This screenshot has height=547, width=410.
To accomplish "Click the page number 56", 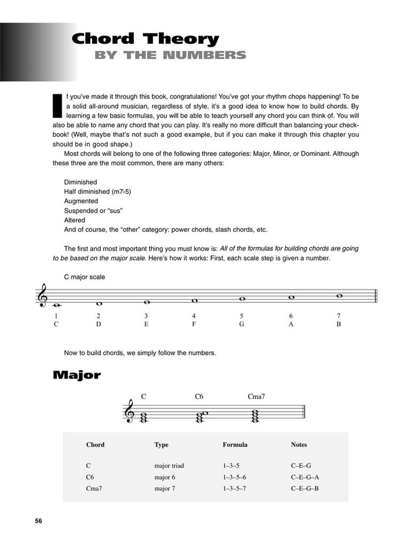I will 38,521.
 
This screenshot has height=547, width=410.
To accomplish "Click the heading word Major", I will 77,375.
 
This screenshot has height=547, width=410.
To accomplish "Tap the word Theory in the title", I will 182,39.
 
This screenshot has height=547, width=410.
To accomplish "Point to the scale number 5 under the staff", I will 242,316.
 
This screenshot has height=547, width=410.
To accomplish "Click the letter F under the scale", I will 194,324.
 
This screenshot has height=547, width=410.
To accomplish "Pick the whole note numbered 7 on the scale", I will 338,295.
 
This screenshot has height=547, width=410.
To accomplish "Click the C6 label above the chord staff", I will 199,396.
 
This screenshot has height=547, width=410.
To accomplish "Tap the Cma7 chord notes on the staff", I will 256,415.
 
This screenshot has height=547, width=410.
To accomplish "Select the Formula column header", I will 235,444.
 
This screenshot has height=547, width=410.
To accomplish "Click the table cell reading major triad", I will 169,466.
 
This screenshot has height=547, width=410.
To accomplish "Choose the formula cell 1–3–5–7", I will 234,488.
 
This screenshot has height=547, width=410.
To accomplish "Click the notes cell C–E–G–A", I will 305,477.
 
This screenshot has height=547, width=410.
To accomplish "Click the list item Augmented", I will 81,201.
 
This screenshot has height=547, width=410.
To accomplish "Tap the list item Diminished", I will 80,182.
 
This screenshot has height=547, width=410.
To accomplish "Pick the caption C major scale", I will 84,277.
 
